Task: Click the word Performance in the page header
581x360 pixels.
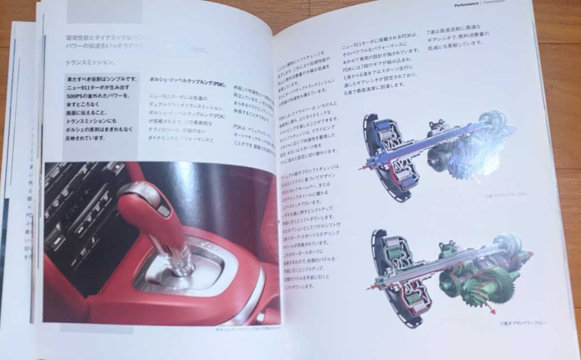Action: pos(466,5)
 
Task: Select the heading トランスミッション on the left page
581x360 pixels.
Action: pos(90,62)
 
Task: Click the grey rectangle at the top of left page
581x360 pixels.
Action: pos(104,12)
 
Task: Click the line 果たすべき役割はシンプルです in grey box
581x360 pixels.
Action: pos(102,78)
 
